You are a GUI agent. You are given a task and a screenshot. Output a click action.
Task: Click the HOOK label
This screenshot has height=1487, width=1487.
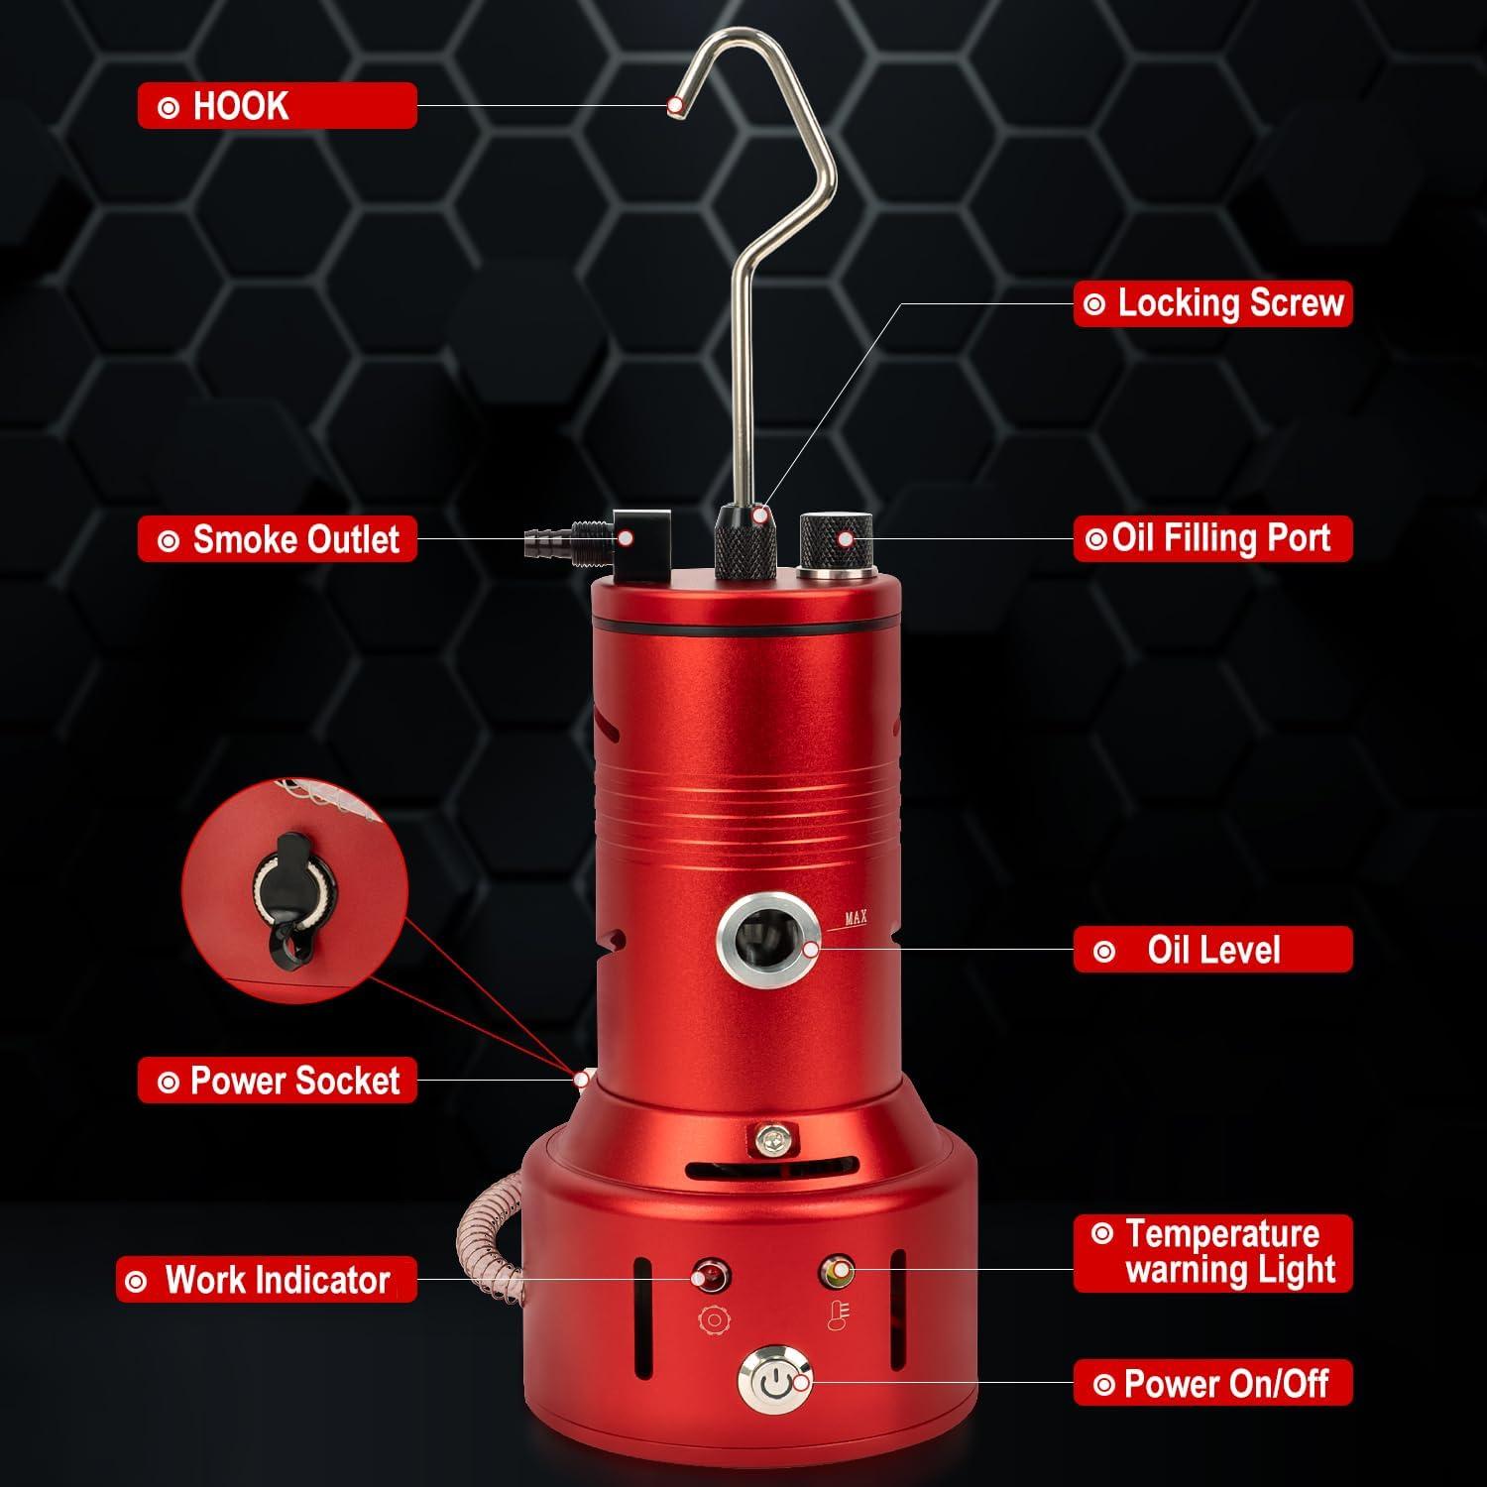click(x=277, y=105)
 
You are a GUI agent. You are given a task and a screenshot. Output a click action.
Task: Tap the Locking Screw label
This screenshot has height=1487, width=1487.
click(x=1212, y=303)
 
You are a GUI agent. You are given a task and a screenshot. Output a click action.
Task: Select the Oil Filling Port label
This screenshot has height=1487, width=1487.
click(x=1212, y=538)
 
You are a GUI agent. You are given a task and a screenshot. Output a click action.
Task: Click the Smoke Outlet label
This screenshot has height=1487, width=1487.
click(x=277, y=539)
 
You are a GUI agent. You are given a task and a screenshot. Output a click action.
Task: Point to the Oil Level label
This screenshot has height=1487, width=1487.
click(x=1212, y=950)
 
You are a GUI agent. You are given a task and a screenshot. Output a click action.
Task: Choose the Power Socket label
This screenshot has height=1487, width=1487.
click(x=277, y=1080)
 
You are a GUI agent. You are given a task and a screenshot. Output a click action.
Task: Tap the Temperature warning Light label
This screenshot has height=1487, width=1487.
click(x=1212, y=1252)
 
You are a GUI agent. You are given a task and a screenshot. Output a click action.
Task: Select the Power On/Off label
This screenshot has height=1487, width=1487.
click(x=1212, y=1384)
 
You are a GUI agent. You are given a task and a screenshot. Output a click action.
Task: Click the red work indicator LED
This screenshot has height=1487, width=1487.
click(x=711, y=1275)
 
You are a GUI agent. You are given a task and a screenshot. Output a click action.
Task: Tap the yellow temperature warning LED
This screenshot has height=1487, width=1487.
click(x=838, y=1270)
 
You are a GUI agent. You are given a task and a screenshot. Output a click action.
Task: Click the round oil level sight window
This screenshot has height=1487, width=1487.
click(x=767, y=937)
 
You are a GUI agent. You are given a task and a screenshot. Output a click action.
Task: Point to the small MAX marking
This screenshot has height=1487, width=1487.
click(x=856, y=918)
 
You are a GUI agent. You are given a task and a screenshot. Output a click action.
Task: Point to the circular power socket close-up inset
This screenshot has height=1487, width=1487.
click(x=294, y=890)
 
